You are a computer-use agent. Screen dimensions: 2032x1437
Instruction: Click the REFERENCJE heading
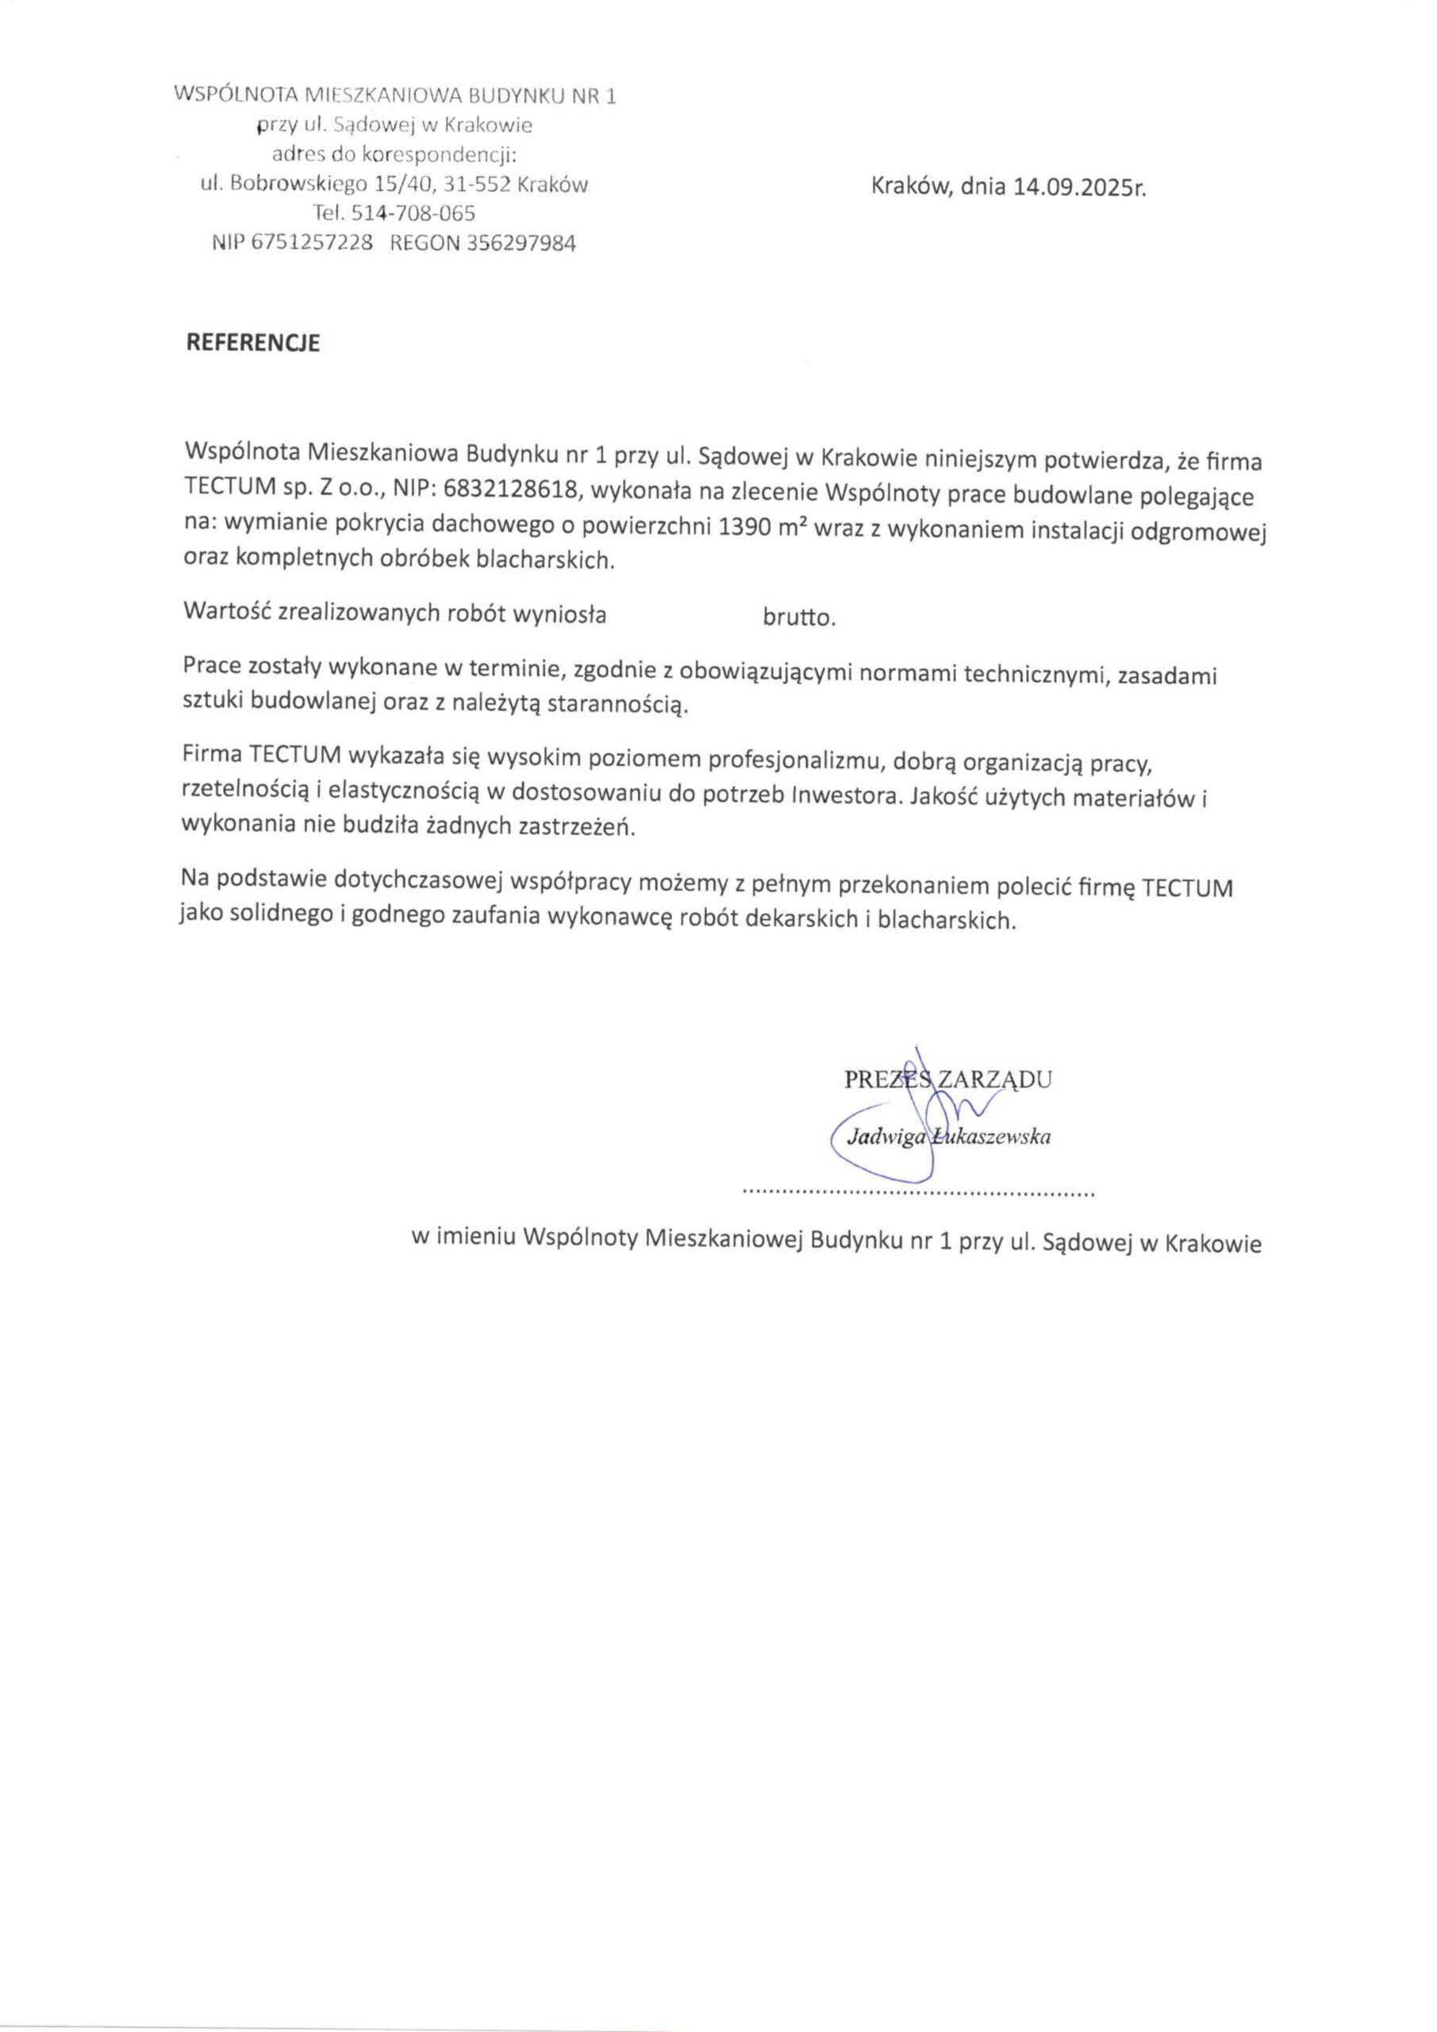pos(252,344)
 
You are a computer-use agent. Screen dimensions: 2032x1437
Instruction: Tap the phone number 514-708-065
pos(413,214)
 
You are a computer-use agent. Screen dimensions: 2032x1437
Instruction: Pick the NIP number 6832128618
pos(501,492)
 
